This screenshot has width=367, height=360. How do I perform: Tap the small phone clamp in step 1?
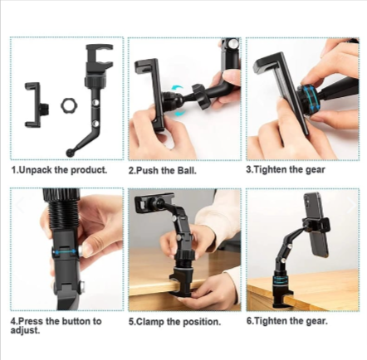[x=35, y=105]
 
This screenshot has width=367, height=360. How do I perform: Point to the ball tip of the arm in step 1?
[x=69, y=153]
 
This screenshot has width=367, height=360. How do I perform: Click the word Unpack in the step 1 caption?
[x=35, y=170]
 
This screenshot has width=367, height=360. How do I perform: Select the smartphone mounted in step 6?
[x=316, y=224]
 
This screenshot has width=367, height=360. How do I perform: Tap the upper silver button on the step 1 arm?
[x=95, y=102]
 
